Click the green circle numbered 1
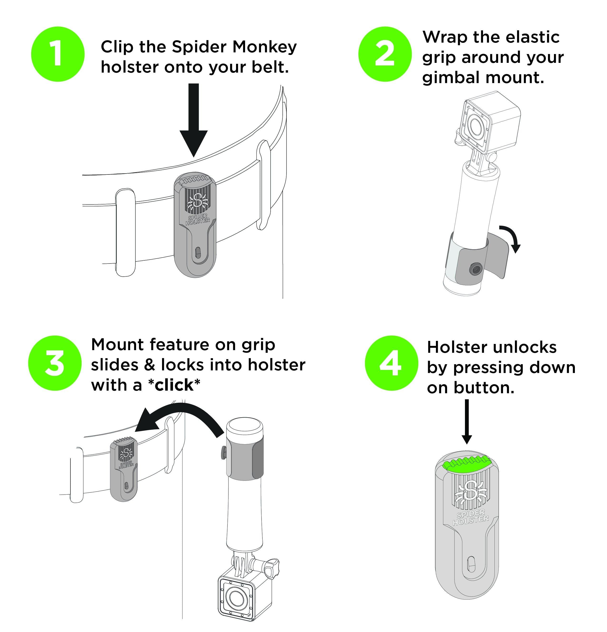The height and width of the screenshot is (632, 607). pyautogui.click(x=58, y=54)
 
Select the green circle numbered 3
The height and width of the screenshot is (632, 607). pyautogui.click(x=55, y=363)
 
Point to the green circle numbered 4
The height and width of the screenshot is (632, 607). pyautogui.click(x=391, y=363)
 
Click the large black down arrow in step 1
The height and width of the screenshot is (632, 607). pyautogui.click(x=193, y=123)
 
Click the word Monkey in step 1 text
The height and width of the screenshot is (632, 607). pyautogui.click(x=264, y=47)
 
